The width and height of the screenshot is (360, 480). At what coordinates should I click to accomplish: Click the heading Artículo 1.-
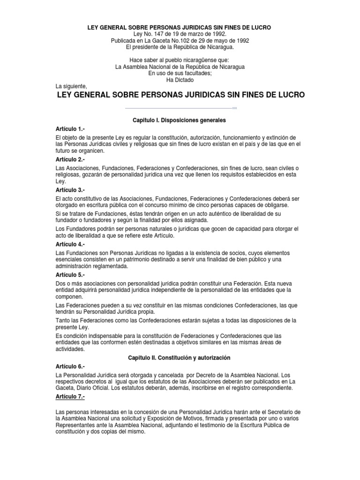(70, 128)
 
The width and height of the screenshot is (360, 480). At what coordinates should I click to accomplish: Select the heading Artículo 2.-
(70, 160)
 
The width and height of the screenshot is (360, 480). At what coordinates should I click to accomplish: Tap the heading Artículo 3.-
(70, 190)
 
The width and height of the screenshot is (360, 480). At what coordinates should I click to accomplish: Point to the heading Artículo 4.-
(70, 244)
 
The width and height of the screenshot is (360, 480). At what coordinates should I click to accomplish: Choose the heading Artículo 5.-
(70, 275)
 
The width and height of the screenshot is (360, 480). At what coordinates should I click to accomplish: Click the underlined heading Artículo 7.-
(70, 397)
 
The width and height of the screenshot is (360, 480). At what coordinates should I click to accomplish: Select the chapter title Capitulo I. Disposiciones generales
(180, 120)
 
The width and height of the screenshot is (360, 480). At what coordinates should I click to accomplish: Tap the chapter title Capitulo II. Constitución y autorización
(180, 358)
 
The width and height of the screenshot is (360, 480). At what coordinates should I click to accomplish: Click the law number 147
(162, 34)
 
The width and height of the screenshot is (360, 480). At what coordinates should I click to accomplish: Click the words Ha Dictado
(180, 80)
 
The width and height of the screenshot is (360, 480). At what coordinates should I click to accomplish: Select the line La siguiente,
(71, 86)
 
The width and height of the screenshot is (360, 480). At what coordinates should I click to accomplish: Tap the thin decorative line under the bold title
(180, 108)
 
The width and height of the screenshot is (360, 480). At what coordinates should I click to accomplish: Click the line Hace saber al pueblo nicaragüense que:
(180, 60)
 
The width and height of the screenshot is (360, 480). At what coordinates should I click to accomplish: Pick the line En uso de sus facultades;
(180, 73)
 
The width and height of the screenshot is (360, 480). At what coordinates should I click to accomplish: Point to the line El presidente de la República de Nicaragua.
(180, 47)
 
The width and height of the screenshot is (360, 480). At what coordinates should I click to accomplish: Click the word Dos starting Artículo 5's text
(60, 283)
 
